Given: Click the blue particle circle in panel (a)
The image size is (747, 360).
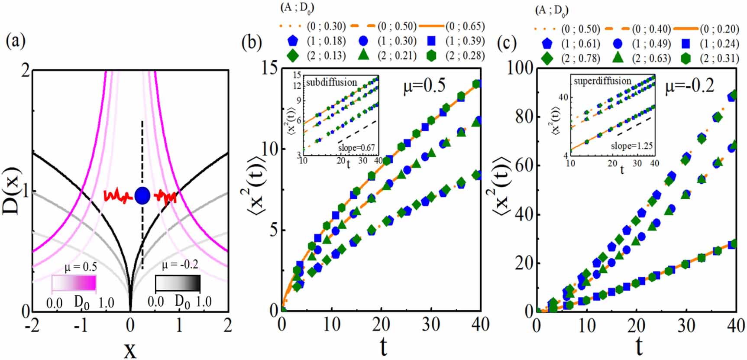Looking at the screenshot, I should click(x=142, y=196).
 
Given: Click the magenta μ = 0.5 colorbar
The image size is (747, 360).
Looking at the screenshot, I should click(x=74, y=283).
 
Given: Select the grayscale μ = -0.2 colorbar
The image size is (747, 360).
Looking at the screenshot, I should click(x=178, y=283).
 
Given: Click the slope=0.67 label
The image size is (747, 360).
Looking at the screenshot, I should click(x=357, y=148).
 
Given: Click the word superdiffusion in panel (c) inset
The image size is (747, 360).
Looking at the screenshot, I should click(x=602, y=81).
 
